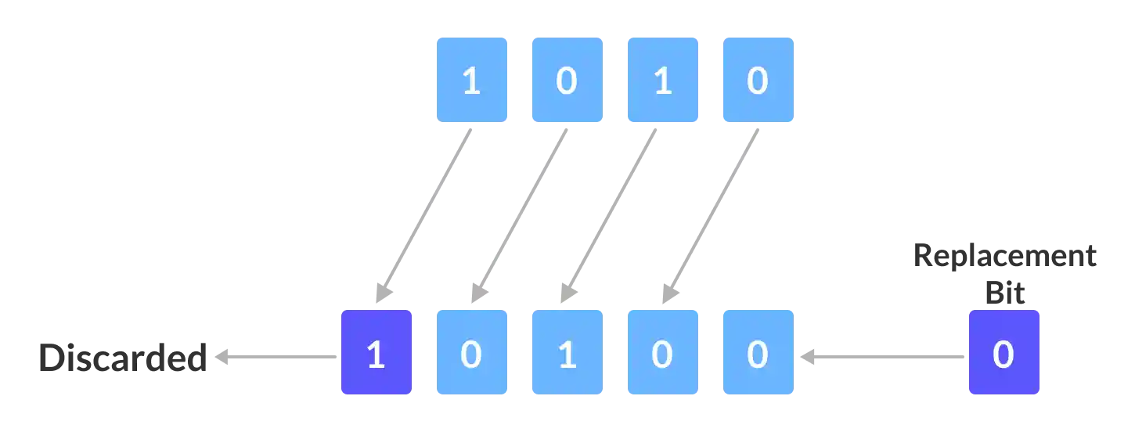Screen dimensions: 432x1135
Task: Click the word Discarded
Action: [122, 357]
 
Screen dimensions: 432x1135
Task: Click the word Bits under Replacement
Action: [1005, 290]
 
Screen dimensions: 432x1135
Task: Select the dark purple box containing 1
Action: [376, 351]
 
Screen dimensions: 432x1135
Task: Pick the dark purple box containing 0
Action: [1003, 351]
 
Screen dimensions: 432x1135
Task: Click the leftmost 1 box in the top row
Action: [470, 81]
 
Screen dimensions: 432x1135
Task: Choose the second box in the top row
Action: [569, 81]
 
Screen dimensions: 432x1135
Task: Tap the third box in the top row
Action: [663, 81]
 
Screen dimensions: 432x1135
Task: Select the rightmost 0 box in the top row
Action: [757, 81]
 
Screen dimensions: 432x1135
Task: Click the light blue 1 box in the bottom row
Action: [569, 351]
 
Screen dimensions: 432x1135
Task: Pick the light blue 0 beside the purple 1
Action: [470, 351]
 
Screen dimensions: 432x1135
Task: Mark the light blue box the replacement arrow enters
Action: [757, 351]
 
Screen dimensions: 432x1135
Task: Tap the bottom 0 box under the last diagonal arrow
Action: [663, 351]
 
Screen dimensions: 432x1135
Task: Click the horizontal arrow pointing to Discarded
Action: [278, 358]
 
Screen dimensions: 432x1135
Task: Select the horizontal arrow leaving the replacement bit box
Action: [881, 358]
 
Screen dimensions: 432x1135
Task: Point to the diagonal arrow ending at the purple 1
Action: [427, 211]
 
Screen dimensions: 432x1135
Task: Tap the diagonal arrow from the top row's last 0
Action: [711, 211]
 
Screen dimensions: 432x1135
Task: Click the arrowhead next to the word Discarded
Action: [222, 358]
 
